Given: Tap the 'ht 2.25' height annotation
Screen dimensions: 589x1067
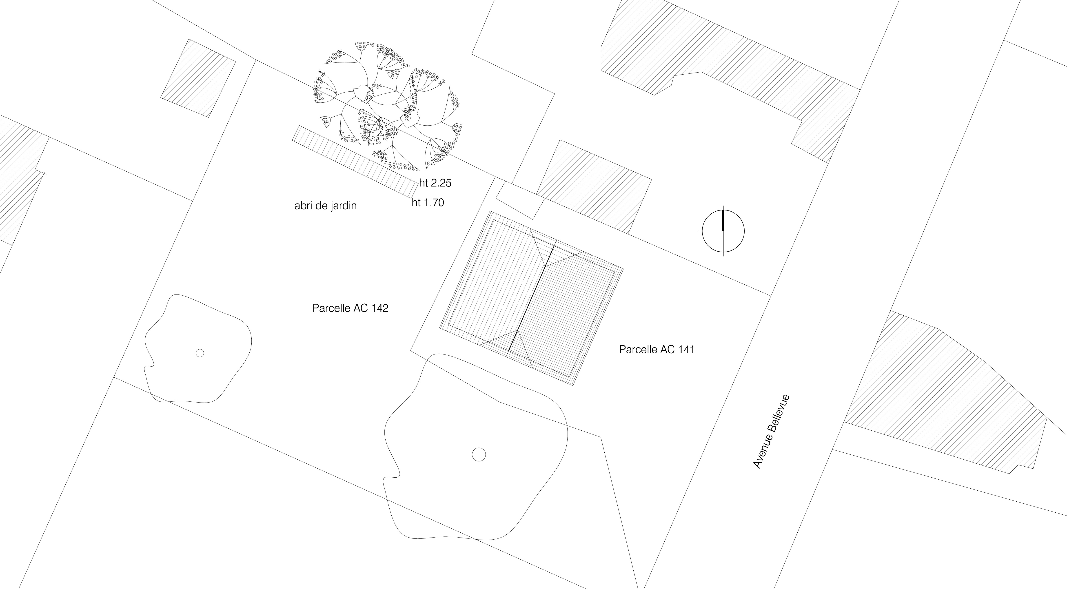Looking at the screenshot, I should click(435, 183).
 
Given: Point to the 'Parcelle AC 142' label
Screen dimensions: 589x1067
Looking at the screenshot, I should click(350, 308).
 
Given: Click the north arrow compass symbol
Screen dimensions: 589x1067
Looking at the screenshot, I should click(723, 231).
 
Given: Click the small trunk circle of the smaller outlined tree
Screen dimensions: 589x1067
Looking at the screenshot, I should click(200, 353).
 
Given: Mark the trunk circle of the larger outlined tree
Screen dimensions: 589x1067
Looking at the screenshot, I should click(479, 454).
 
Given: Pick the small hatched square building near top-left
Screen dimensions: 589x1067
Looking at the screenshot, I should click(198, 78).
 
